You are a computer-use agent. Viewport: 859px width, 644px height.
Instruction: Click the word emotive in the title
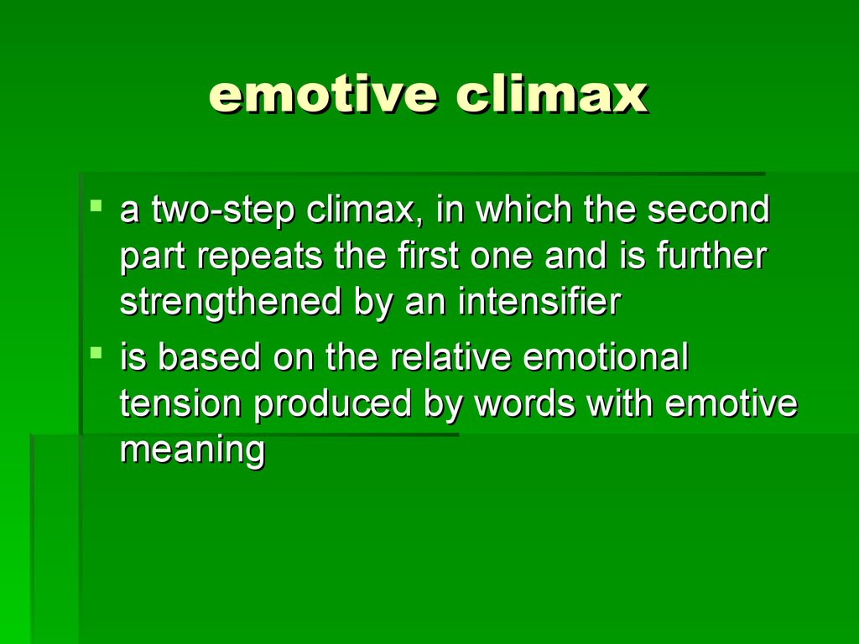323,96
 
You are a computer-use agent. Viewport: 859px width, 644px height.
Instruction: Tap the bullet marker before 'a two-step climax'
96,206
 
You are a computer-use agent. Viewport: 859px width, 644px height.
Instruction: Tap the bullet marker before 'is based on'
96,352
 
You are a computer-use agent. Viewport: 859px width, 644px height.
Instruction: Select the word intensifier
539,301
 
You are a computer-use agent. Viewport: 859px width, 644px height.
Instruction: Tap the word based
209,356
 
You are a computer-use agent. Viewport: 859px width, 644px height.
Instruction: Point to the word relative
450,356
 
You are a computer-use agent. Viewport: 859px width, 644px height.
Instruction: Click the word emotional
606,356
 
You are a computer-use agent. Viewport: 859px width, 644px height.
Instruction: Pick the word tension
180,403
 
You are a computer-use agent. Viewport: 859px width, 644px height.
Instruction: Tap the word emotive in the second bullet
731,403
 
